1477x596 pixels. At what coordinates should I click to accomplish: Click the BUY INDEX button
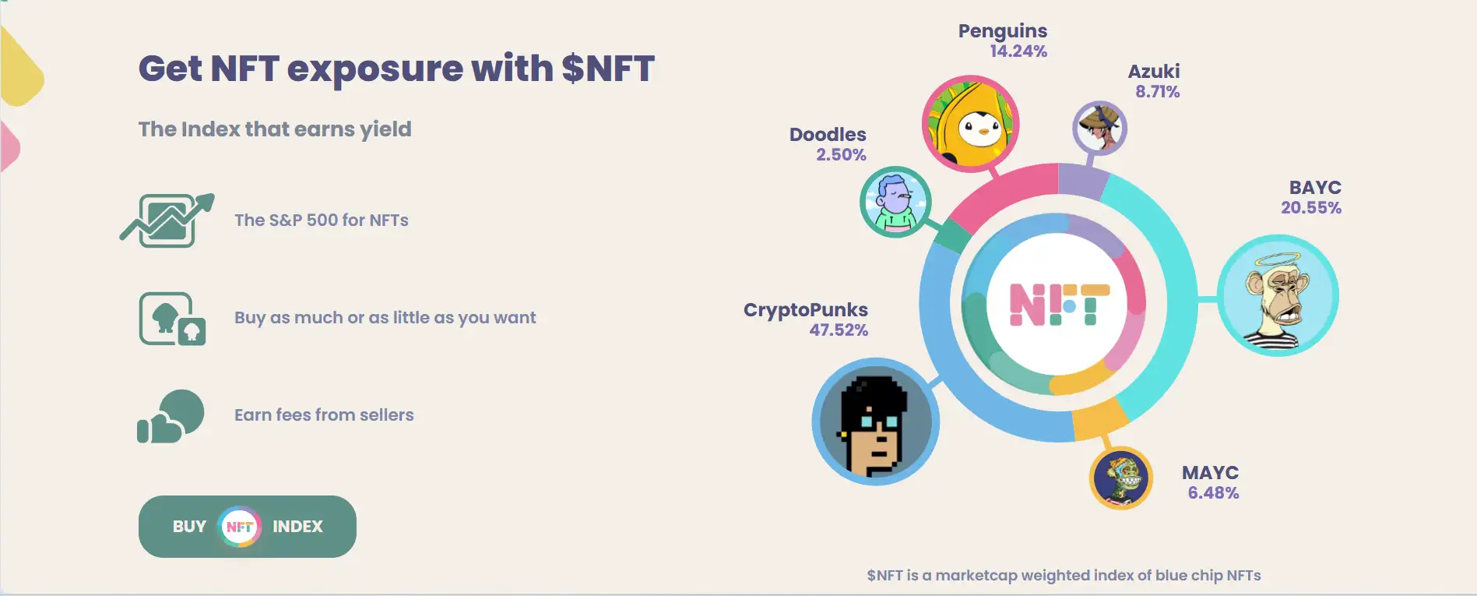click(x=248, y=527)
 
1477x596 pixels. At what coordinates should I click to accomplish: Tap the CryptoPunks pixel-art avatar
click(x=876, y=421)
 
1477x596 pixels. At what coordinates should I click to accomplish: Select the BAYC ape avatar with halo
click(x=1278, y=295)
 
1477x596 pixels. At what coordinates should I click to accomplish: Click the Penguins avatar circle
click(x=970, y=123)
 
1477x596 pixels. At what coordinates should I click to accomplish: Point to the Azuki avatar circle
click(x=1099, y=128)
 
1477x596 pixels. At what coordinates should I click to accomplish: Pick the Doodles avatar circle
click(x=895, y=202)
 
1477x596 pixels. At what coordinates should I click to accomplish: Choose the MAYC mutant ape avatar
click(x=1121, y=478)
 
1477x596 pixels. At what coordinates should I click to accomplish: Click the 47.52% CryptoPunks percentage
click(x=839, y=330)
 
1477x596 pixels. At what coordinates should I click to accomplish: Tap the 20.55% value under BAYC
click(x=1311, y=208)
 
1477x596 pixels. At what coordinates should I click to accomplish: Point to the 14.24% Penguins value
click(x=1018, y=51)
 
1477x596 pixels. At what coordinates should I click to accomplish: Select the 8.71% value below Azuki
click(x=1157, y=92)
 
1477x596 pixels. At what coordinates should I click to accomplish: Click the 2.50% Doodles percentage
click(x=841, y=155)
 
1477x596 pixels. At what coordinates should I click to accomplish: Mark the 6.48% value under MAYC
click(x=1213, y=493)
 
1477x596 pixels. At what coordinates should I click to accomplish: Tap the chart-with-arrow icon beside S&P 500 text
click(x=167, y=220)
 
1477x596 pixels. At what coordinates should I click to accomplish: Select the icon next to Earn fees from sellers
click(x=171, y=416)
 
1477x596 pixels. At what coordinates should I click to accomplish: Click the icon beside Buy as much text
click(x=172, y=319)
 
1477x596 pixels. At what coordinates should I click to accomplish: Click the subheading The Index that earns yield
click(x=275, y=129)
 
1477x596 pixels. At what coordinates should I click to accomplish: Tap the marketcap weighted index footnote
click(x=1064, y=576)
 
